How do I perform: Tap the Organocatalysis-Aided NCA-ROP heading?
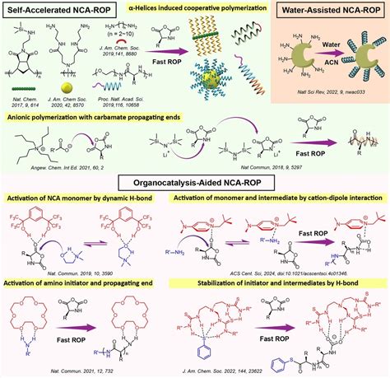coord(195,182)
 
